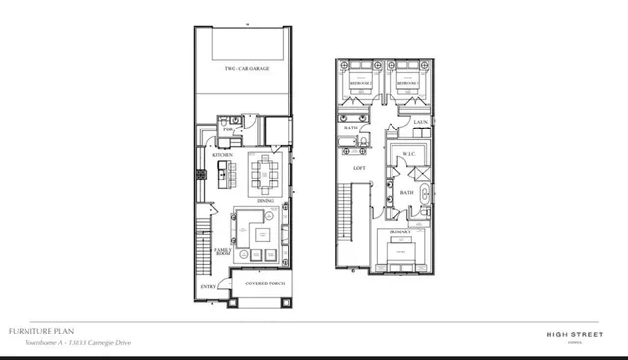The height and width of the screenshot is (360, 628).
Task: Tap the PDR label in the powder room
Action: pos(227,129)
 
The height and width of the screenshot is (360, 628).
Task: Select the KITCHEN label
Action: pos(223,154)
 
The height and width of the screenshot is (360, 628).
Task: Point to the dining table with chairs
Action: pos(265,178)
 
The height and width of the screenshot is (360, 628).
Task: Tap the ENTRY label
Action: pos(208,286)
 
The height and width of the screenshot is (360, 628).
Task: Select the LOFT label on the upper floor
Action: pos(359,168)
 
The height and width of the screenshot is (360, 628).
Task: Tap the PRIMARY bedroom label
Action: pos(399,231)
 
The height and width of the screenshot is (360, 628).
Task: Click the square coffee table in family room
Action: pos(263,233)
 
